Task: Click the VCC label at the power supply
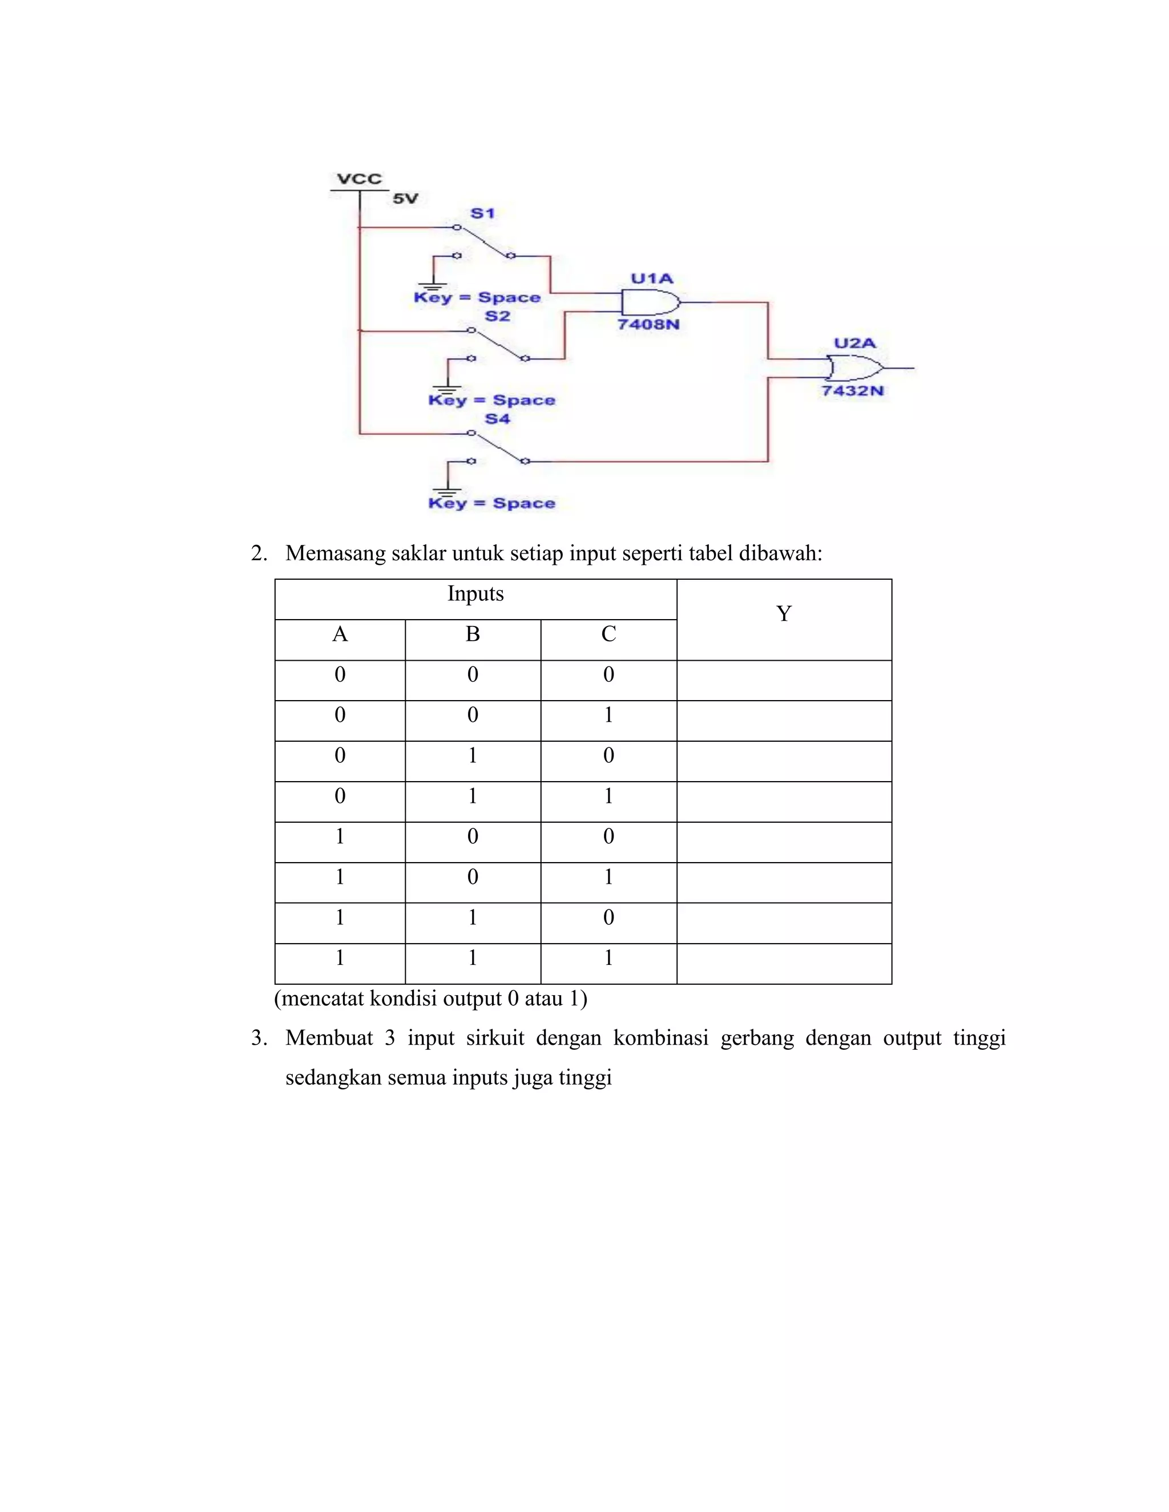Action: pos(358,179)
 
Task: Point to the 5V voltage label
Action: pos(405,199)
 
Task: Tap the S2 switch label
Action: pos(497,317)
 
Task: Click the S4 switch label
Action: pos(497,419)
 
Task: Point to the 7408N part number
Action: pos(648,324)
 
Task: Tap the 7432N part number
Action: pos(853,390)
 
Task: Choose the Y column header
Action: pos(783,614)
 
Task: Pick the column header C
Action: pos(608,634)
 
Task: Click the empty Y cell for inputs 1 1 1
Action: pos(783,963)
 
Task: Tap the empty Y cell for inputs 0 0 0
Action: pos(783,680)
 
